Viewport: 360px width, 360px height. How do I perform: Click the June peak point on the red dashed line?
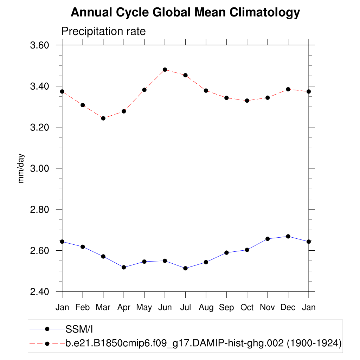[165, 70]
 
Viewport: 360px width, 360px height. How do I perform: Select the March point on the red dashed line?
[103, 118]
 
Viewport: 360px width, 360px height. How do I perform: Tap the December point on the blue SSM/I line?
[288, 236]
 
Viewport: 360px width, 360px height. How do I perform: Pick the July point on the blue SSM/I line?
[186, 268]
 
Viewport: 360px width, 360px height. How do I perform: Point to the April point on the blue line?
[124, 267]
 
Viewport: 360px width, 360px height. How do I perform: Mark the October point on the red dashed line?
[247, 101]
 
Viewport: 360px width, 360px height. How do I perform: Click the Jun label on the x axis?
[165, 308]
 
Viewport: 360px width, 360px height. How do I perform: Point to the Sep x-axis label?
[226, 308]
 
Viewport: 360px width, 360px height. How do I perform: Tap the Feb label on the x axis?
[83, 308]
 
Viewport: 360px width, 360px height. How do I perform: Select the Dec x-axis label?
[288, 308]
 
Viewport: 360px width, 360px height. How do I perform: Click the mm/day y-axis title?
[21, 168]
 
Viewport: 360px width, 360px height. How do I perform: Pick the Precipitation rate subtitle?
[103, 31]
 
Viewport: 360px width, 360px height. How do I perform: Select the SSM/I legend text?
[79, 329]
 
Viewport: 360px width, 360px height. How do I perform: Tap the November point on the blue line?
[268, 239]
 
